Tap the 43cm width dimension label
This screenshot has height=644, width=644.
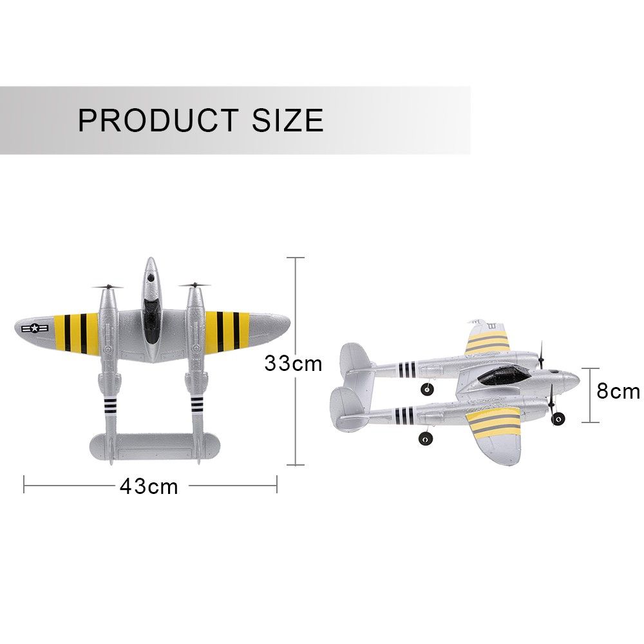(x=149, y=487)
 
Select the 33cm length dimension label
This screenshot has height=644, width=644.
(x=293, y=363)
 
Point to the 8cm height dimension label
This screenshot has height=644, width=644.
(x=618, y=391)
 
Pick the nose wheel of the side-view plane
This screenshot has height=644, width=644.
(x=558, y=419)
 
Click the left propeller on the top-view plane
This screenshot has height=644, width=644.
(x=108, y=287)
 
